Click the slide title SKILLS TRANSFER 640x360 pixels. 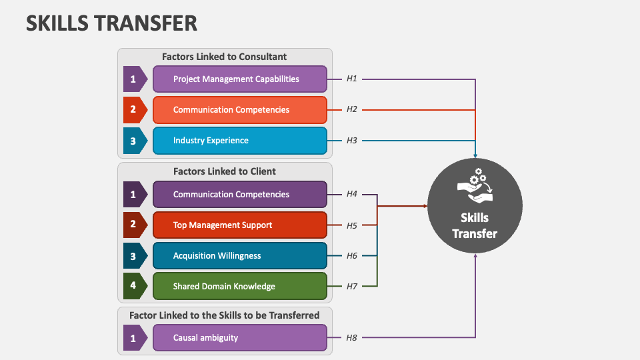pos(111,23)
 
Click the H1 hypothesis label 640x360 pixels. pos(352,79)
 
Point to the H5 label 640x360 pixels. pos(352,225)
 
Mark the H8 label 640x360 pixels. pos(352,338)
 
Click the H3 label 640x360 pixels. pos(352,141)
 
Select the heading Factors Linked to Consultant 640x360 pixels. pos(225,57)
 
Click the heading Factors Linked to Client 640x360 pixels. pos(225,171)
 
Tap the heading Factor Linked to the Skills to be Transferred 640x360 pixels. pos(225,315)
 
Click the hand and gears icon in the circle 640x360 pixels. pos(475,188)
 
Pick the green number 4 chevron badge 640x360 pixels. pos(134,286)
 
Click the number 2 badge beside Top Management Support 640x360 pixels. pos(134,225)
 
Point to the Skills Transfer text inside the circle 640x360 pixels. pos(475,225)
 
